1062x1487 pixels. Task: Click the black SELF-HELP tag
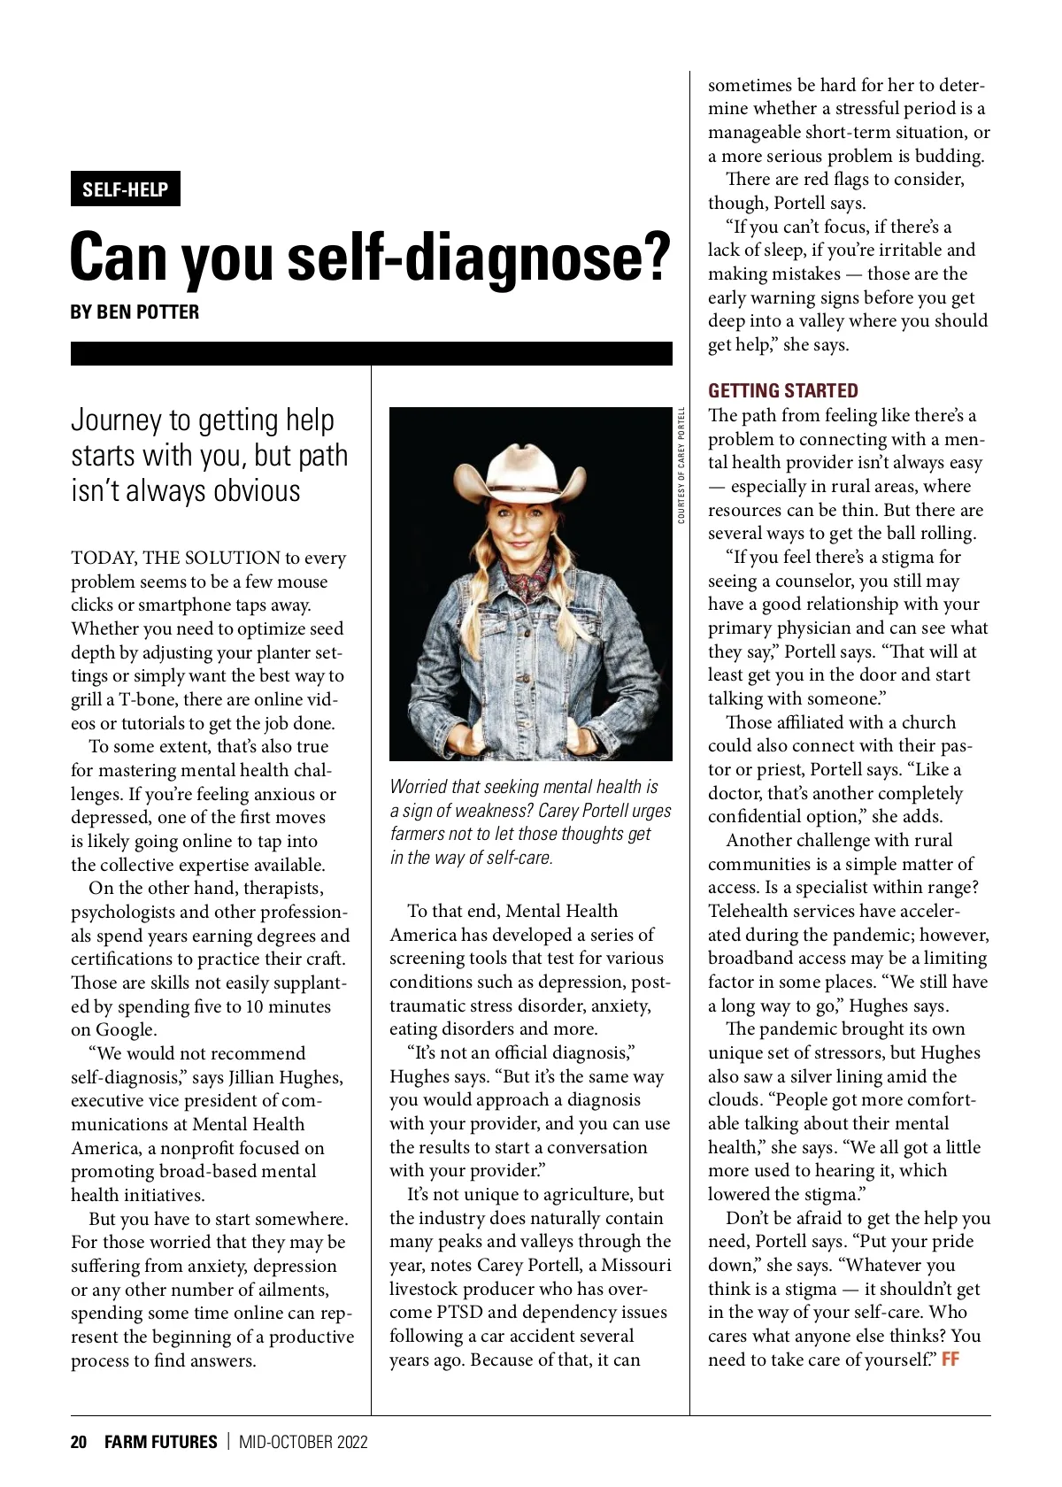125,189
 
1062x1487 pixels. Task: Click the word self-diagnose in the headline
481,258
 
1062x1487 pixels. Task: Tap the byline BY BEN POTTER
135,312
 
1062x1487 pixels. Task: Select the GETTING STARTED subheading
782,390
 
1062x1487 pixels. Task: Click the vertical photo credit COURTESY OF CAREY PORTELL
681,465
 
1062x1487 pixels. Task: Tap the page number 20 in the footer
79,1442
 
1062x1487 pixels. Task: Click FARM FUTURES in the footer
160,1442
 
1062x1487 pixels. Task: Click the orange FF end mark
950,1360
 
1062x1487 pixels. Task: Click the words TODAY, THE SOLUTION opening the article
175,558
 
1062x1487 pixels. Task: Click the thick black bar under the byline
371,353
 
